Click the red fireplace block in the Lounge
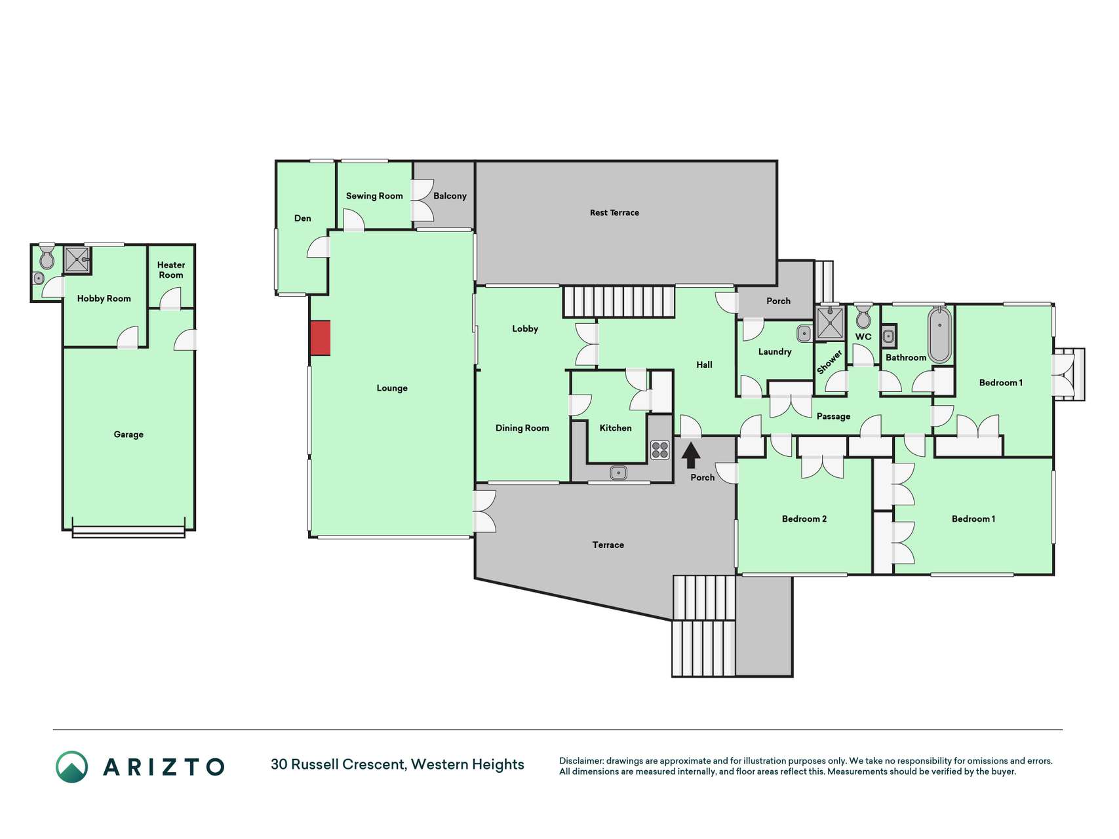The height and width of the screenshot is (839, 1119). tap(320, 338)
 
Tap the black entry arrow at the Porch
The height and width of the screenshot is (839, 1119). tap(691, 456)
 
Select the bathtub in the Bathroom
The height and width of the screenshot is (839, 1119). tap(939, 335)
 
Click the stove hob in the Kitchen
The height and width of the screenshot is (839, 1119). tap(660, 450)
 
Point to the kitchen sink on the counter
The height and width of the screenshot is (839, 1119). tap(618, 472)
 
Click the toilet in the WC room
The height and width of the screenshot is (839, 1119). tap(863, 317)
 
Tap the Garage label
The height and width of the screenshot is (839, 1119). tap(128, 435)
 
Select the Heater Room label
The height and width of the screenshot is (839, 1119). tap(171, 270)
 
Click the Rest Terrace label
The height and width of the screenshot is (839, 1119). tap(614, 212)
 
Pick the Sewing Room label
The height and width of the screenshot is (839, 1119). tap(374, 196)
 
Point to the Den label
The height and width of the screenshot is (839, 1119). tap(303, 218)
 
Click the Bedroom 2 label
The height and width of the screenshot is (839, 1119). tap(804, 519)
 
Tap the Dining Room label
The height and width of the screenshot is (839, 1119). tap(522, 428)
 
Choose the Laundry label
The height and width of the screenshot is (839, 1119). tap(775, 352)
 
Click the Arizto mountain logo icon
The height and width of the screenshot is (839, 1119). tap(71, 766)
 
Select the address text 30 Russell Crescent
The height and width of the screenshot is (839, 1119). tap(338, 764)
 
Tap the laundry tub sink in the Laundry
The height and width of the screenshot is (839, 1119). tap(804, 334)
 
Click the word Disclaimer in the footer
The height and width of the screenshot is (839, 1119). tap(581, 761)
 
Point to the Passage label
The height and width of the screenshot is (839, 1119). tap(833, 416)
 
